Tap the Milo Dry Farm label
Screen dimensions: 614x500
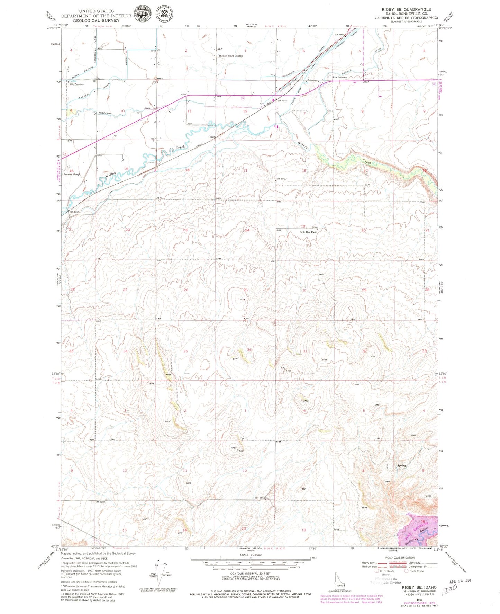309,232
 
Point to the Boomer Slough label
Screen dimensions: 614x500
72,174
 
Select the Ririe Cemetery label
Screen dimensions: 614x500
340,77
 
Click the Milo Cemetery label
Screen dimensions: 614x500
76,84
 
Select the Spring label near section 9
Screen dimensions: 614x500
401,466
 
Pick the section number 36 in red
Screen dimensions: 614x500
249,350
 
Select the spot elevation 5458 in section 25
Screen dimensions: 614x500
243,300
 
